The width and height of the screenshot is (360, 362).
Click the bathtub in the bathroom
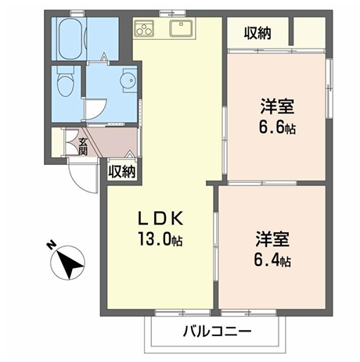pyautogui.click(x=71, y=39)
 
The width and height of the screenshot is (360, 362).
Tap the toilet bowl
pyautogui.click(x=65, y=82)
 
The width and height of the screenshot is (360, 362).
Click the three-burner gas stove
pyautogui.click(x=144, y=28)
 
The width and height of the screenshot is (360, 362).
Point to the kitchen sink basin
pyautogui.click(x=182, y=28)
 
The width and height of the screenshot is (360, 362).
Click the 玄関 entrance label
pyautogui.click(x=83, y=146)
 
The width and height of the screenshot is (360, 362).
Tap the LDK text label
pyautogui.click(x=160, y=219)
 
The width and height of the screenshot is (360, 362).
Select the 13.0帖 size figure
pyautogui.click(x=160, y=239)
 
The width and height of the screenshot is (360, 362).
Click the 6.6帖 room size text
pyautogui.click(x=277, y=127)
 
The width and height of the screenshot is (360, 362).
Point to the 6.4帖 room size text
pyautogui.click(x=272, y=260)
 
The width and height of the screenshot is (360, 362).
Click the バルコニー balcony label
pyautogui.click(x=218, y=332)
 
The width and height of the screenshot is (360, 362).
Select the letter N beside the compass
pyautogui.click(x=51, y=246)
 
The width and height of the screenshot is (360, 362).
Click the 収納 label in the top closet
pyautogui.click(x=257, y=33)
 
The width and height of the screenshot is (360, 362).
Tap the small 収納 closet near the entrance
pyautogui.click(x=122, y=171)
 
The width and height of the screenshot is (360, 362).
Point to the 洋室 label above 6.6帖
pyautogui.click(x=277, y=106)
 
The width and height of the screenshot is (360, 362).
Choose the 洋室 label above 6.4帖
pyautogui.click(x=272, y=239)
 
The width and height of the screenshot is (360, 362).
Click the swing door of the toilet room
pyautogui.click(x=96, y=109)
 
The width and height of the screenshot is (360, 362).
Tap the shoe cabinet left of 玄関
pyautogui.click(x=58, y=142)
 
